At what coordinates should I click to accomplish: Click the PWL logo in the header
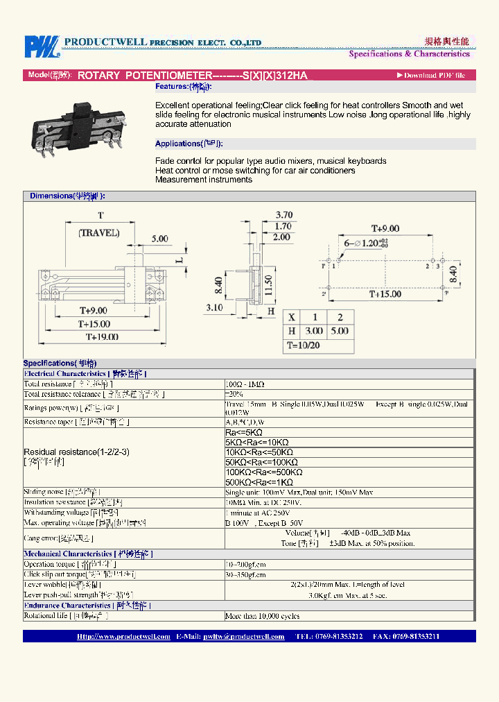(x=43, y=46)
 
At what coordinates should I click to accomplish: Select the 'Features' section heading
(x=183, y=87)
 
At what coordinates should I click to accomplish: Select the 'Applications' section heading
(x=188, y=144)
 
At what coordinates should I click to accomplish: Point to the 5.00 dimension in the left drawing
(x=159, y=239)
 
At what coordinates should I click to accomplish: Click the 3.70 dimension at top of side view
(x=283, y=215)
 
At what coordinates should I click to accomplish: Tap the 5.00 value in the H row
(x=340, y=331)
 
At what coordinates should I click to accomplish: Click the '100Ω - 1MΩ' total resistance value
(x=245, y=384)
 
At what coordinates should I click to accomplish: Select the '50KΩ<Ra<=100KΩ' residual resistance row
(x=261, y=462)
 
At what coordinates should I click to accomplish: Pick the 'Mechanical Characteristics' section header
(x=88, y=554)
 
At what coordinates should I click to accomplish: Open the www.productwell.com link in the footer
(x=123, y=636)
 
